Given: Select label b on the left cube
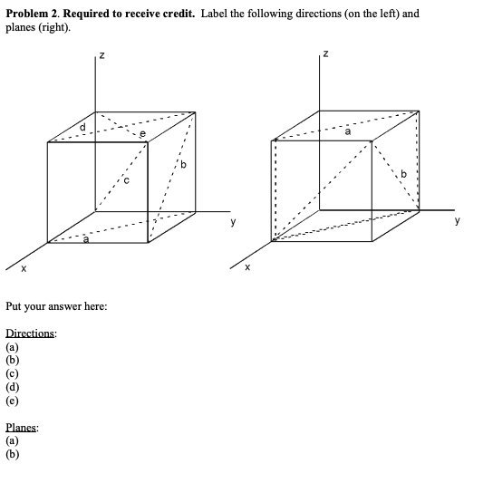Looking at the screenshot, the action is point(182,166).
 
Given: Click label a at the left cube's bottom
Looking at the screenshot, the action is point(85,241).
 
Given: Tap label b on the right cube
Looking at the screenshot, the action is point(404,173).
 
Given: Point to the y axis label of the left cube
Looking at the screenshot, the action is point(233,220).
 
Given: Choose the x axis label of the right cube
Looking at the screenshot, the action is point(248,268).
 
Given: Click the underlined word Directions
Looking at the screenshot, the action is point(31,333).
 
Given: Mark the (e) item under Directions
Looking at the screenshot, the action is point(13,399).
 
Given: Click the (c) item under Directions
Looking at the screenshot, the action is point(13,372).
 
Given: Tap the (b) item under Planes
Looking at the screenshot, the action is point(13,455).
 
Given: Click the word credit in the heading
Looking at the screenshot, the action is point(172,14).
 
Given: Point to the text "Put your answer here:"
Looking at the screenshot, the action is point(56,306).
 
